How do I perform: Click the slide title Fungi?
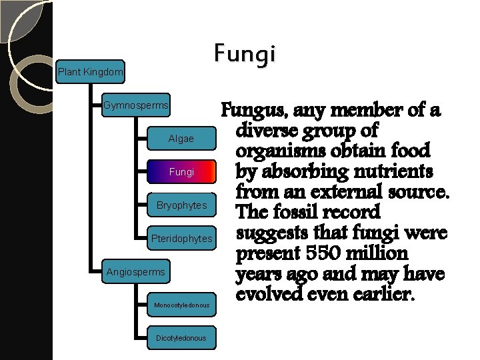(x=245, y=55)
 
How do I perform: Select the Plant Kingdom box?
(x=91, y=71)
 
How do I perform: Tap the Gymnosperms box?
(x=136, y=105)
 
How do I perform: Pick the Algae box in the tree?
(x=181, y=139)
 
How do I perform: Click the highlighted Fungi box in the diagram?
(x=181, y=172)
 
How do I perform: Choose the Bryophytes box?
(x=181, y=205)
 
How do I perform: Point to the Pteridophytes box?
(x=181, y=238)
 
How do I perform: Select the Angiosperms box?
(x=136, y=271)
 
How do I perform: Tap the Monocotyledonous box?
(x=181, y=305)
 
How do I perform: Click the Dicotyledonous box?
(x=181, y=338)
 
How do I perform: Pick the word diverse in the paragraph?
(x=265, y=129)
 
